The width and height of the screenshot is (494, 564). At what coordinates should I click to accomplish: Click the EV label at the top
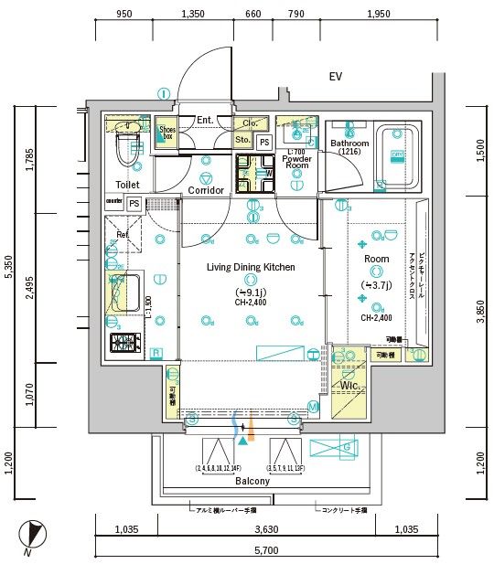336,77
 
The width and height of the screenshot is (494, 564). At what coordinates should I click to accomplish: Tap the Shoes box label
166,133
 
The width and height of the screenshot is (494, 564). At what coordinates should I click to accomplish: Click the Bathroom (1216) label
349,148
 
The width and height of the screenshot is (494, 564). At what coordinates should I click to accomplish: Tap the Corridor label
206,190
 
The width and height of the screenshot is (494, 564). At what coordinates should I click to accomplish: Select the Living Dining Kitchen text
251,267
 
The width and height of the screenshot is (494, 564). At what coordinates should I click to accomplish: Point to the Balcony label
252,481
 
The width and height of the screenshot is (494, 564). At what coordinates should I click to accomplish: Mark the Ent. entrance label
204,120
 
